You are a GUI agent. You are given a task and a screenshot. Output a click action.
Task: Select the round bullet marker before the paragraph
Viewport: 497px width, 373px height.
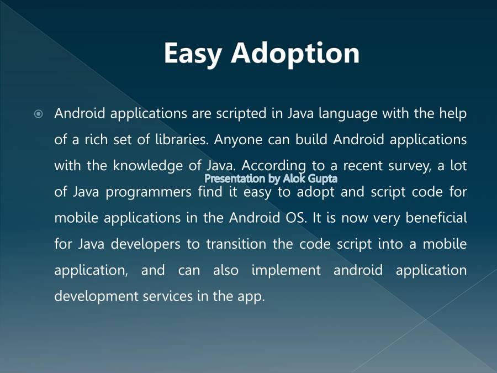39,114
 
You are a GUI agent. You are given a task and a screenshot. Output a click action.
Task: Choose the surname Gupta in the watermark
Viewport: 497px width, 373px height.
322,178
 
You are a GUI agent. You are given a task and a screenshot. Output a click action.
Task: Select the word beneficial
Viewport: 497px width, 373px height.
436,218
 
